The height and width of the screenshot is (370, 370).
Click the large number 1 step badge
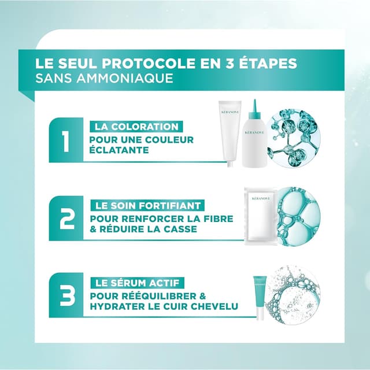point(66,140)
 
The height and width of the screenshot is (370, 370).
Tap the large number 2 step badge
point(66,218)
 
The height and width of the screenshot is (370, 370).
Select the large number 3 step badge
point(66,295)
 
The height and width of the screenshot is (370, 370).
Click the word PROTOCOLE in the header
point(149,63)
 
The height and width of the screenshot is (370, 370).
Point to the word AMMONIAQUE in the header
point(125,78)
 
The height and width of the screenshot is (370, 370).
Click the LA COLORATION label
point(136,127)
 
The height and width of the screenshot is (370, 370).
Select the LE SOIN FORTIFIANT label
point(147,206)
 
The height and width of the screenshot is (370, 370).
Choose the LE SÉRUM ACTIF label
point(137,283)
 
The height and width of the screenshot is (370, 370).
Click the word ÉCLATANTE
point(119,149)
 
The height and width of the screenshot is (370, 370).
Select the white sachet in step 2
point(261,216)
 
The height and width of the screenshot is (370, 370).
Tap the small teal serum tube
point(260,297)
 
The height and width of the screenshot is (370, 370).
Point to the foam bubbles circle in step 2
point(299,216)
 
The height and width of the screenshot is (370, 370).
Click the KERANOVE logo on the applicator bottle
point(254,132)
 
